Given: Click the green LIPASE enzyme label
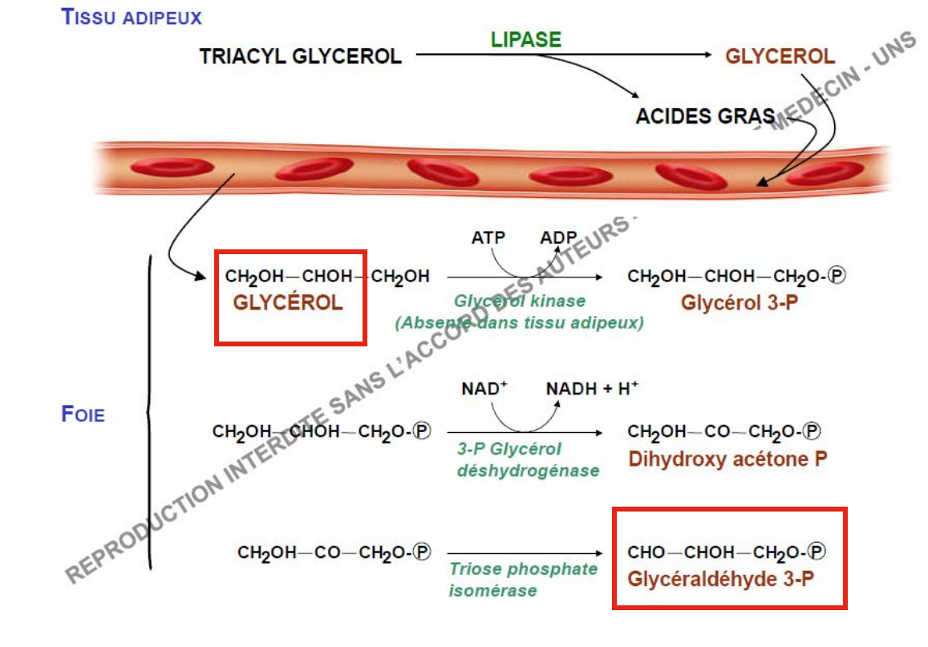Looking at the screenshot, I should click(x=525, y=38).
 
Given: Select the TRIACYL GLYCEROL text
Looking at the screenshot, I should click(x=300, y=56).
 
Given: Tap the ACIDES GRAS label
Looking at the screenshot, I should click(x=705, y=115).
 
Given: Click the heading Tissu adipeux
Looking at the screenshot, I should click(x=132, y=16).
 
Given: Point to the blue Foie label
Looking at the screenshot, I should click(x=83, y=414).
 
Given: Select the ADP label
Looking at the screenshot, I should click(x=558, y=238).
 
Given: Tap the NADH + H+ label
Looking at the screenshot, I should click(x=592, y=389).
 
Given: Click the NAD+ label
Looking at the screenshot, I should click(x=484, y=389).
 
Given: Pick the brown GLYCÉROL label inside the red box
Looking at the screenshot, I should click(x=288, y=303).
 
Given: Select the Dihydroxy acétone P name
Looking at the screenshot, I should click(x=727, y=459).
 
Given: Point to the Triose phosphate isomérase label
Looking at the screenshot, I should click(x=522, y=580).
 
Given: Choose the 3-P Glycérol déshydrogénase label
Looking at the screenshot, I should click(x=527, y=459).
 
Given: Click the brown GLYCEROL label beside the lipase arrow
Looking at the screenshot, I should click(x=780, y=56).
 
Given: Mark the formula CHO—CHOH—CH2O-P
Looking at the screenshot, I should click(x=726, y=552).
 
